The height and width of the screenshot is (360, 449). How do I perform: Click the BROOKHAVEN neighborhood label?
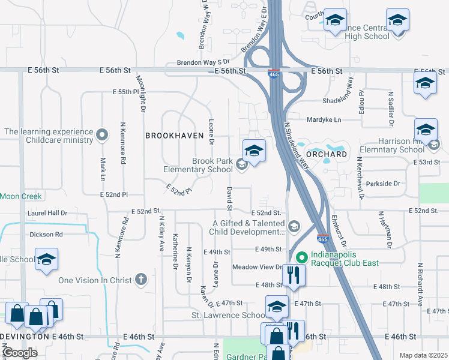[175, 136]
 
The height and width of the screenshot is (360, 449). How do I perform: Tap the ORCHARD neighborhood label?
[329, 154]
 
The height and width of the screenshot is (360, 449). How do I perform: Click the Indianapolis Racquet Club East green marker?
[303, 256]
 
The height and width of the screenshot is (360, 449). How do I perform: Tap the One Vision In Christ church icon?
[140, 280]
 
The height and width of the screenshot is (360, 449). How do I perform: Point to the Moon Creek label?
[20, 196]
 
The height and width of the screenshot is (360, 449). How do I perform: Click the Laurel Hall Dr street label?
[47, 213]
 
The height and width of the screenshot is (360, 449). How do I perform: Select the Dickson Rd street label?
[46, 234]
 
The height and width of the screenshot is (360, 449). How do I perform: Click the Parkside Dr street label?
[381, 183]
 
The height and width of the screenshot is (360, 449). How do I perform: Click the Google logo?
[20, 353]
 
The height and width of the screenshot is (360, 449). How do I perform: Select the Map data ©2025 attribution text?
[423, 355]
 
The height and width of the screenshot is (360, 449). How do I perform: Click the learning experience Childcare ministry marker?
[101, 135]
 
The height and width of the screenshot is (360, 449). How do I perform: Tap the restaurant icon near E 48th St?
[293, 275]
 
